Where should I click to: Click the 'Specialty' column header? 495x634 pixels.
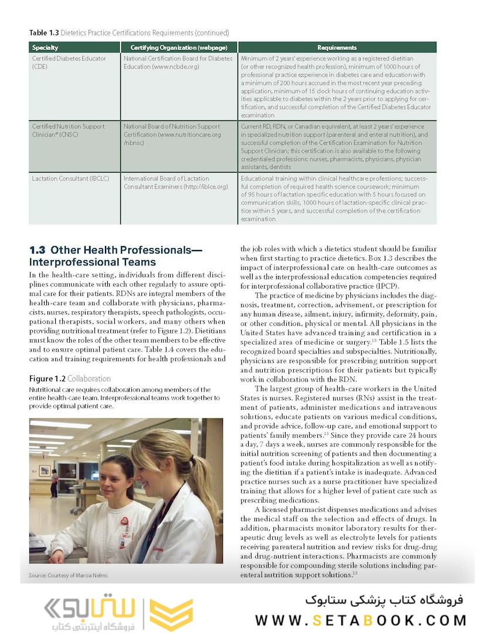(x=45, y=47)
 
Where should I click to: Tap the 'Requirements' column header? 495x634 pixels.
(x=337, y=47)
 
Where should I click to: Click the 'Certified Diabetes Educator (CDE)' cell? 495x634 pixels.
(x=69, y=62)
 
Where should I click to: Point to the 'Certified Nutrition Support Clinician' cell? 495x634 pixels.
(x=68, y=130)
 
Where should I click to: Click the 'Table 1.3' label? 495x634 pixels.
(x=44, y=33)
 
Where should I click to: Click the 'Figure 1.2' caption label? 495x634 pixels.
(x=47, y=379)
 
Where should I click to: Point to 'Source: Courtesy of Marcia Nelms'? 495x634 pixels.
(x=68, y=575)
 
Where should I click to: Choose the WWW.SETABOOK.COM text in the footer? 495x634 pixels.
(x=361, y=620)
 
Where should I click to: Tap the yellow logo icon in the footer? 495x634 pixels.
(x=171, y=614)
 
